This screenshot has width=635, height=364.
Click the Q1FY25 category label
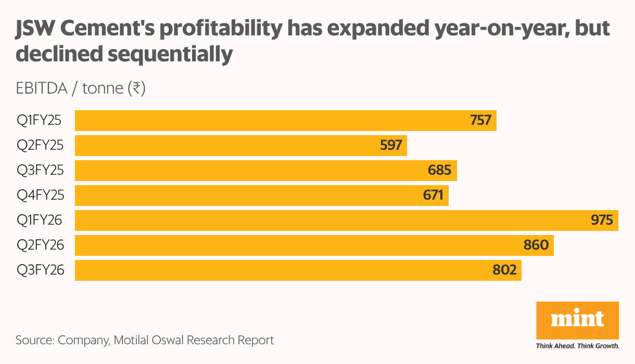pos(39,120)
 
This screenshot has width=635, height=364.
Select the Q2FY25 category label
pos(40,145)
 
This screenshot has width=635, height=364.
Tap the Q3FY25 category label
pos(40,170)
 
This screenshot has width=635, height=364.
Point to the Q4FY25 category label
pos(40,195)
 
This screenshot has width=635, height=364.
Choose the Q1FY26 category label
pos(39,220)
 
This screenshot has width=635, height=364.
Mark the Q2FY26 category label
pos(40,245)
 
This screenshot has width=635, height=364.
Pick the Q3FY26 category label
pos(40,270)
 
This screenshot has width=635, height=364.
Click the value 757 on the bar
pos(480,120)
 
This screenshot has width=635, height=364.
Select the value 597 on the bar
pos(391,145)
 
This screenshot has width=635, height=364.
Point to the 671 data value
pos(433,195)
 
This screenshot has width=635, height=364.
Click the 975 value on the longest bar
pos(602,220)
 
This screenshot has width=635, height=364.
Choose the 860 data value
pos(537,245)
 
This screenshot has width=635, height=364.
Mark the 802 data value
pos(505,270)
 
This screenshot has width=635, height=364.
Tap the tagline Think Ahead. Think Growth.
pos(577,345)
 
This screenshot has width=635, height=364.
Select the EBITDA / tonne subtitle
pos(80,89)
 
